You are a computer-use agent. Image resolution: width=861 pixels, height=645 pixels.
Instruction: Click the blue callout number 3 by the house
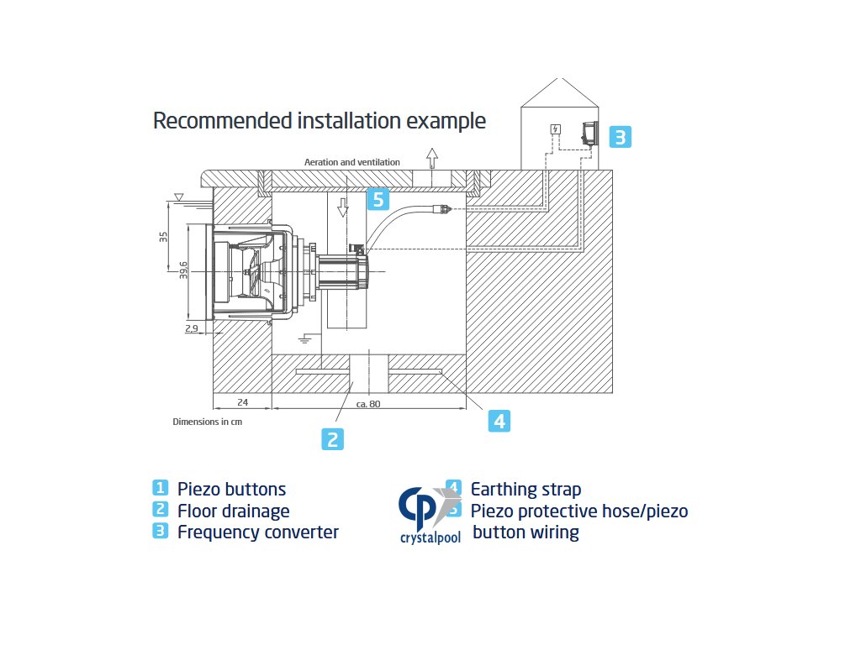[x=620, y=137]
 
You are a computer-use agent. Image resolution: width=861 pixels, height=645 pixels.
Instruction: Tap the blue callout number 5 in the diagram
[x=378, y=199]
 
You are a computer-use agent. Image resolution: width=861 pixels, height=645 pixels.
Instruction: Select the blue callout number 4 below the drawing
[x=499, y=421]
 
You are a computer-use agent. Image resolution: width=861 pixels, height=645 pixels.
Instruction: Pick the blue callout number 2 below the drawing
[x=333, y=438]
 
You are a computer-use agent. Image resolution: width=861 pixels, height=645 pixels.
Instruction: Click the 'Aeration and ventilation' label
[x=351, y=162]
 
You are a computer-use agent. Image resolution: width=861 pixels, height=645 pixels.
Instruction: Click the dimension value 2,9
[x=191, y=329]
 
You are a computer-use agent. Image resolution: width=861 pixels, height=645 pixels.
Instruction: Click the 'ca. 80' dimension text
[x=368, y=404]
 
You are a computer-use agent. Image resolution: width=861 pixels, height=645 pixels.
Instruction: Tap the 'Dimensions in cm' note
[x=207, y=422]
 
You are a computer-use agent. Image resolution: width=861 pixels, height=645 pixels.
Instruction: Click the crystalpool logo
[x=430, y=515]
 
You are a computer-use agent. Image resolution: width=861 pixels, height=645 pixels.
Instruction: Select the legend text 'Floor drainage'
[x=233, y=511]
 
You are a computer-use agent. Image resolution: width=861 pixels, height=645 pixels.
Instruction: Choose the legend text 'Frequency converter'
[x=257, y=532]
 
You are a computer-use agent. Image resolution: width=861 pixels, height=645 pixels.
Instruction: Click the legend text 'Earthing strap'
[x=526, y=489]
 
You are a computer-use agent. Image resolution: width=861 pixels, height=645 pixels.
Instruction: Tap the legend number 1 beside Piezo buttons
[x=160, y=488]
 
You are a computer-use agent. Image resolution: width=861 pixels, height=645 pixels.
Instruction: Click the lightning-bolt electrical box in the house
[x=555, y=129]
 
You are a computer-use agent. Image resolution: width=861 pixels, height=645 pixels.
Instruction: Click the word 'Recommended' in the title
[x=222, y=121]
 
